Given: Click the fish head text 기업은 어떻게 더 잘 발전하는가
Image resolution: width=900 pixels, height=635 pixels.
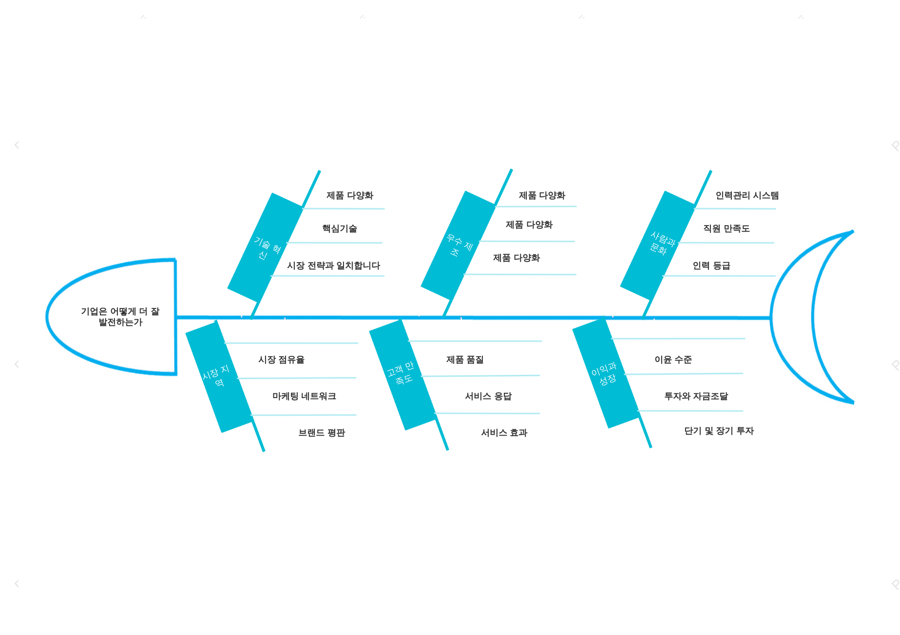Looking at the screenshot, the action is click(x=120, y=316).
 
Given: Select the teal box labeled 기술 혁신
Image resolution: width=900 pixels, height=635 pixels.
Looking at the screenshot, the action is click(x=265, y=248).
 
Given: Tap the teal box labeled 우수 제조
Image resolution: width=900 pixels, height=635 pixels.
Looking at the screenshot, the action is click(x=458, y=245).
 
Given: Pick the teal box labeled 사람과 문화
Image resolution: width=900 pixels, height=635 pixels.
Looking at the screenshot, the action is click(x=658, y=245).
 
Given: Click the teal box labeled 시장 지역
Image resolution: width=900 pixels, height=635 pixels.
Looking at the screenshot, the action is click(x=218, y=376).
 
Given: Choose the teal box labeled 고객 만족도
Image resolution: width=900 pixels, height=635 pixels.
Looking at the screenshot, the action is click(x=402, y=374).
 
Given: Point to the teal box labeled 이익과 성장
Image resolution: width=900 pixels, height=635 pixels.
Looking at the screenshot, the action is click(x=605, y=373).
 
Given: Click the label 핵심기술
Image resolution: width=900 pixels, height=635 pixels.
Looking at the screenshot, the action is click(x=340, y=229).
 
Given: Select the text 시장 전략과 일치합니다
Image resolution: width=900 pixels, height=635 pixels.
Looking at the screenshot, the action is click(x=333, y=266).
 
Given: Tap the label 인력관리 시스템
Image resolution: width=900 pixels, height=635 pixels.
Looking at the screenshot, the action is click(x=747, y=195).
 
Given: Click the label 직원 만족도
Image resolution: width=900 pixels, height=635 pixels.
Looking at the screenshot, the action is click(x=726, y=229).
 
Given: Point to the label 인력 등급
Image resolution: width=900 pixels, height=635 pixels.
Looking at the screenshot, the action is click(x=711, y=266).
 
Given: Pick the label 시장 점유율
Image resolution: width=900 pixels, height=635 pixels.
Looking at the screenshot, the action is click(x=281, y=360).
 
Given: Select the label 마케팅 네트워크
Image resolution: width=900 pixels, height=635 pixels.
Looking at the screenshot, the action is click(x=304, y=396).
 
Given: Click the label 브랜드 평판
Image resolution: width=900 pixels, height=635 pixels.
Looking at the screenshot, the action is click(x=322, y=433).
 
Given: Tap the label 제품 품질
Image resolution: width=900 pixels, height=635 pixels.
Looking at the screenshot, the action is click(x=465, y=360).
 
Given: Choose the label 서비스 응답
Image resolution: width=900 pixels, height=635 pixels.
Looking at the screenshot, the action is click(x=488, y=396).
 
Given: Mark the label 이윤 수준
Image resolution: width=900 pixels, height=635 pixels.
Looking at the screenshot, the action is click(x=673, y=360).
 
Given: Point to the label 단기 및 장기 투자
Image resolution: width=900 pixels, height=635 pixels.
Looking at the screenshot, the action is click(x=719, y=431).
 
